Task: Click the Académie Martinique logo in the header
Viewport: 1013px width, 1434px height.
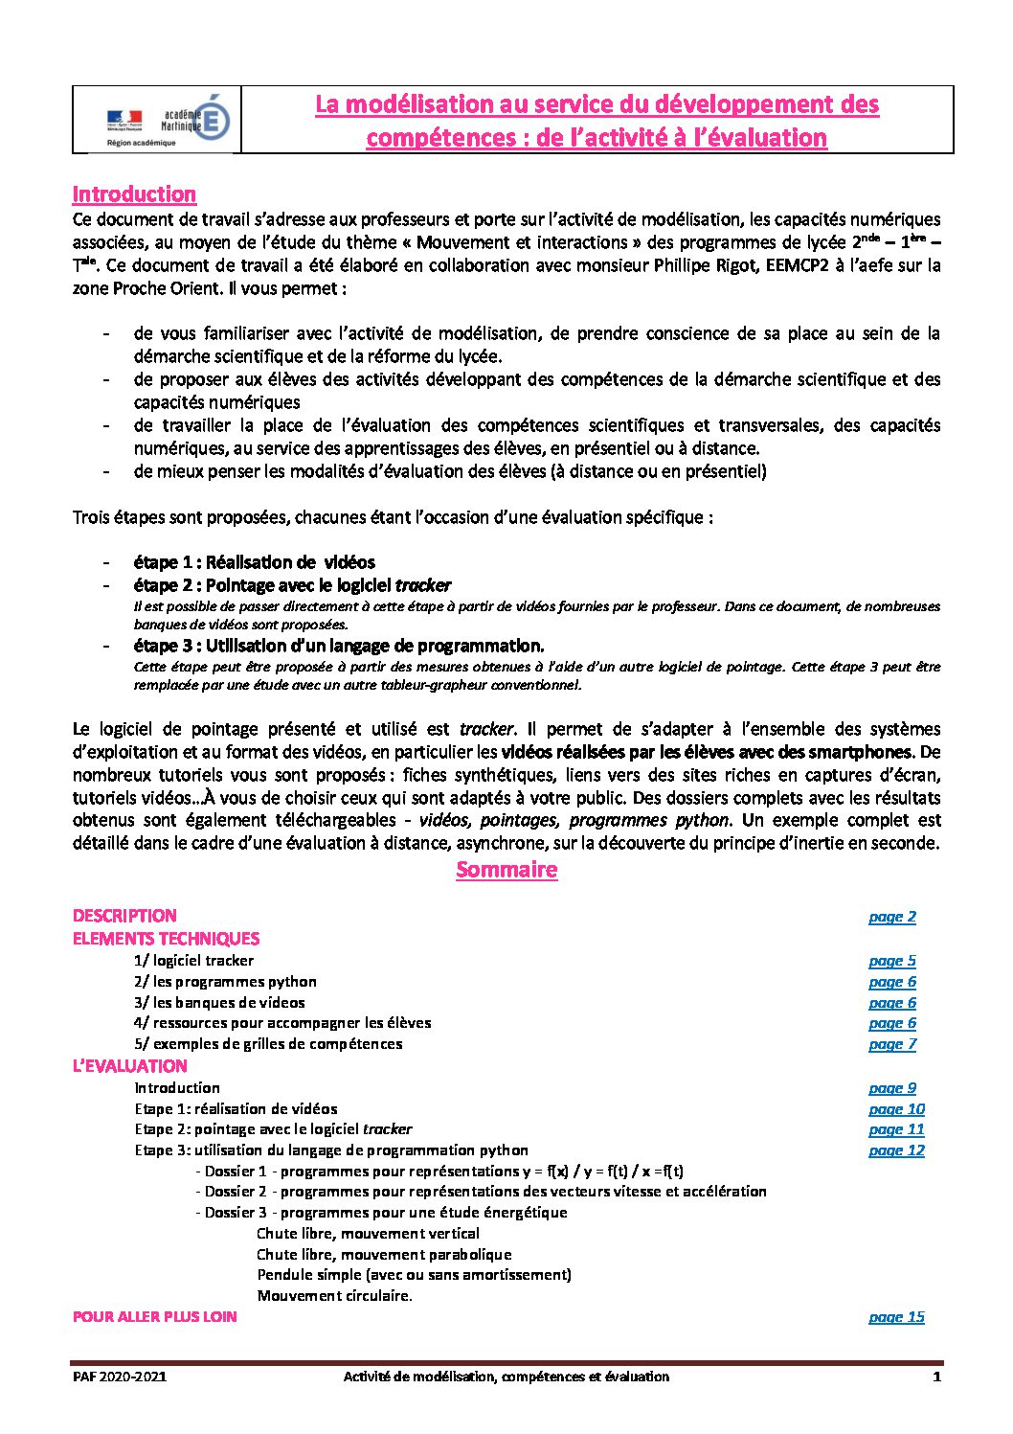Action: tap(169, 120)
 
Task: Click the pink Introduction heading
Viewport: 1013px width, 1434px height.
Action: tap(134, 194)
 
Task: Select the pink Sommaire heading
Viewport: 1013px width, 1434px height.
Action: tap(506, 870)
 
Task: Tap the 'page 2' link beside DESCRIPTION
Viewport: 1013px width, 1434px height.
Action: tap(891, 917)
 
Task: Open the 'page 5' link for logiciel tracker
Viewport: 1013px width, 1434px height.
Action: tap(891, 961)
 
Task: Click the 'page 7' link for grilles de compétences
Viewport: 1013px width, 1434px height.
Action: tap(891, 1044)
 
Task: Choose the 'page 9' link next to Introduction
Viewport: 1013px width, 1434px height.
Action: tap(891, 1088)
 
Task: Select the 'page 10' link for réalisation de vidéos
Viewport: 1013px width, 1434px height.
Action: tap(896, 1109)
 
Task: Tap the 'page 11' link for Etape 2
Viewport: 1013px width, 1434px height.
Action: tap(896, 1129)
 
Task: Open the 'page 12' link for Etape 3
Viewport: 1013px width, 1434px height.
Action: tap(896, 1150)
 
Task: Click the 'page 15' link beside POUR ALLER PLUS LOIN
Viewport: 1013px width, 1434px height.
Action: tap(896, 1317)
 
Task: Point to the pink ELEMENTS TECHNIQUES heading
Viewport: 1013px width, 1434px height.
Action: tap(166, 939)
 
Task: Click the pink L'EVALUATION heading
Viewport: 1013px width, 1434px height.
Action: tap(130, 1066)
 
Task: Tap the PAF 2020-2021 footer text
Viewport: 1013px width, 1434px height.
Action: tap(120, 1377)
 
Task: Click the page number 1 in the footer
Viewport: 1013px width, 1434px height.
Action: tap(936, 1377)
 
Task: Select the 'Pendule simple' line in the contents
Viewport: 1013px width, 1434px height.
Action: tap(414, 1275)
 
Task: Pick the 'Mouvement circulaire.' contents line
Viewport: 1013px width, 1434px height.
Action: tap(334, 1296)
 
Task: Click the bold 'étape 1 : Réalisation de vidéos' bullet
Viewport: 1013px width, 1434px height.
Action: tap(254, 562)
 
